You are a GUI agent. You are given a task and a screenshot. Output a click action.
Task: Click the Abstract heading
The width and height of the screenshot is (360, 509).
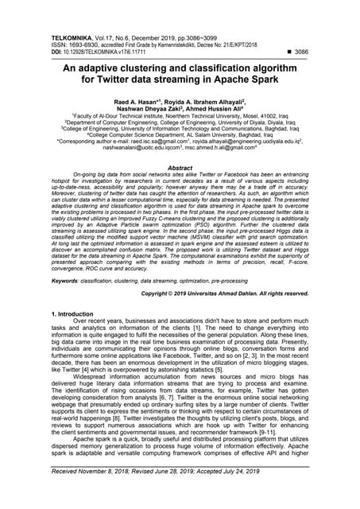180,169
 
